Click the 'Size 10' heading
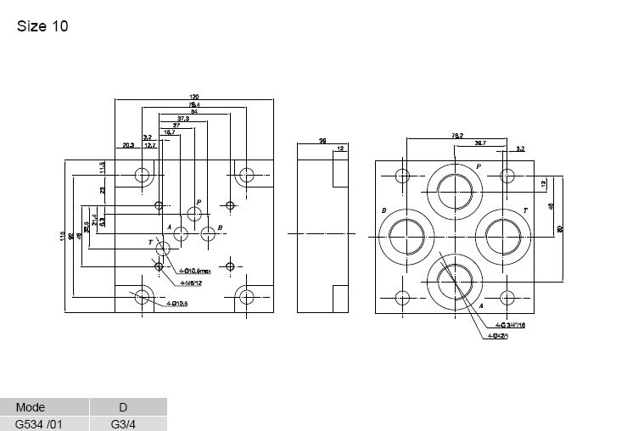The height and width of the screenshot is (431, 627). pyautogui.click(x=42, y=26)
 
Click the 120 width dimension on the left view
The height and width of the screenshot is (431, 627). pyautogui.click(x=193, y=97)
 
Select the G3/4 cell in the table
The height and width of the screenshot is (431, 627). pyautogui.click(x=122, y=423)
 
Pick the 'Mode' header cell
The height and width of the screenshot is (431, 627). pyautogui.click(x=31, y=407)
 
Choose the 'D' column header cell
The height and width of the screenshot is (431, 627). pyautogui.click(x=122, y=407)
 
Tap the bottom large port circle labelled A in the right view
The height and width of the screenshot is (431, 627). pyautogui.click(x=455, y=283)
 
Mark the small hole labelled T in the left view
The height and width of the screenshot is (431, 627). pyautogui.click(x=163, y=248)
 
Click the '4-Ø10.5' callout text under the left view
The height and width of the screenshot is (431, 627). pyautogui.click(x=176, y=304)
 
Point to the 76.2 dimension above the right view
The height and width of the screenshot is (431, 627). pyautogui.click(x=456, y=135)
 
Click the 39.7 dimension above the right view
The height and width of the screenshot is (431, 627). pyautogui.click(x=480, y=143)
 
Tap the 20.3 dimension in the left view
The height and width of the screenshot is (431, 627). pyautogui.click(x=128, y=145)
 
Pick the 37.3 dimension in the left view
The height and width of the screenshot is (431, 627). pyautogui.click(x=182, y=118)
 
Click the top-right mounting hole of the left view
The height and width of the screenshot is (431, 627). pyautogui.click(x=246, y=176)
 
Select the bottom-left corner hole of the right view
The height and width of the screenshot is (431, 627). pyautogui.click(x=403, y=297)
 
